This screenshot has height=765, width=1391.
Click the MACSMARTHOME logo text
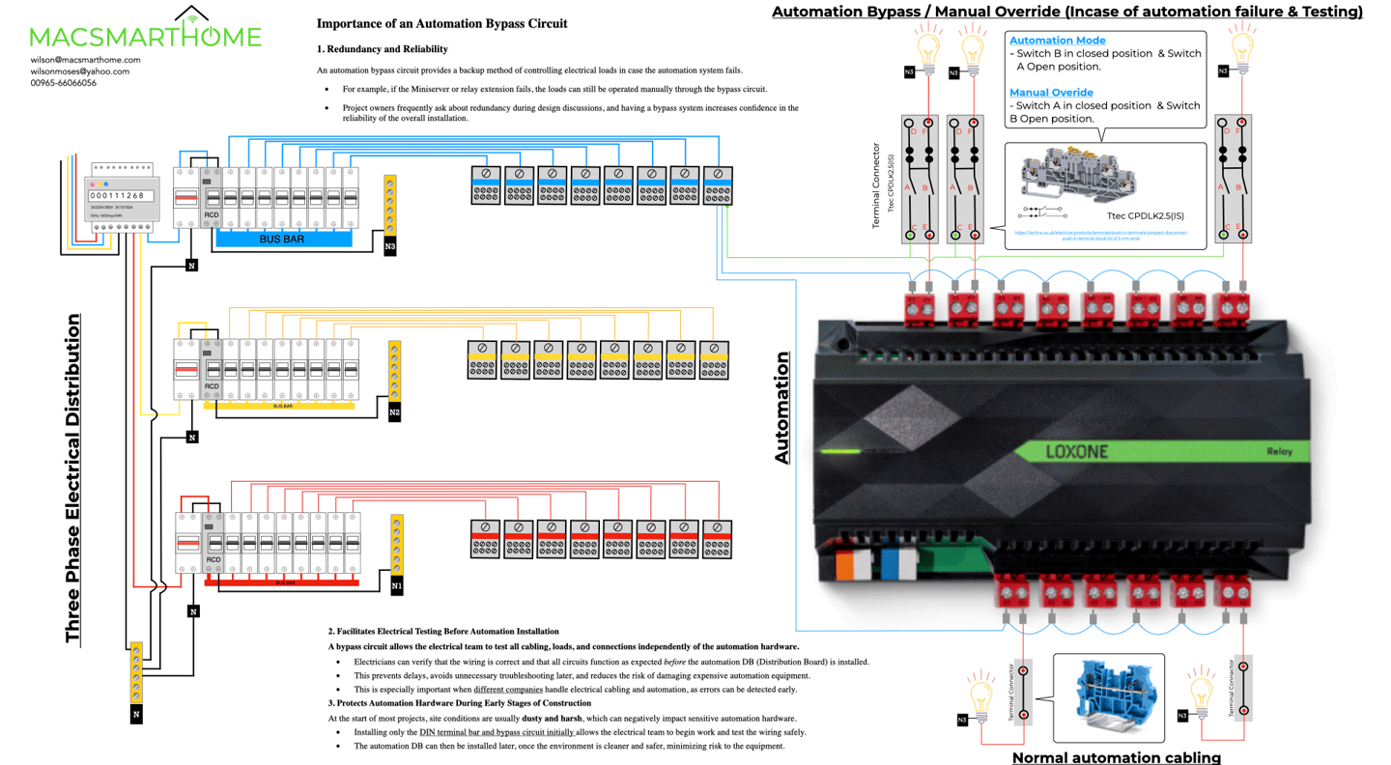[145, 37]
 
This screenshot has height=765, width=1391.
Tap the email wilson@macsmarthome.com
[85, 60]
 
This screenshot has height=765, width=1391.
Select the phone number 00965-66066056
[63, 83]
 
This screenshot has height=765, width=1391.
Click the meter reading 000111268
[117, 196]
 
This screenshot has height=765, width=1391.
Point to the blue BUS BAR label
[281, 239]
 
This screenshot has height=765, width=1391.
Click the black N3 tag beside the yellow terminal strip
[390, 247]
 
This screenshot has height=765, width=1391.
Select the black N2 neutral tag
[394, 413]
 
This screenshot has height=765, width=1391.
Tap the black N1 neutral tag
[397, 585]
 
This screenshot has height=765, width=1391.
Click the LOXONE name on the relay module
[1077, 452]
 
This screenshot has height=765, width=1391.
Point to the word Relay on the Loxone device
[1282, 452]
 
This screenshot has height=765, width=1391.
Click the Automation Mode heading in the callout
[1057, 41]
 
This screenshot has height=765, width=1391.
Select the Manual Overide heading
[1051, 93]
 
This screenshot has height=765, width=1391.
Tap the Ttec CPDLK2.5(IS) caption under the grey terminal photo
[1145, 215]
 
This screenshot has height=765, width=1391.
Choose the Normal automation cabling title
[1116, 757]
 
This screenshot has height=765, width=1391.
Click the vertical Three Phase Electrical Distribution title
[73, 478]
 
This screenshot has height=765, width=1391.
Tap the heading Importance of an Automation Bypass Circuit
[441, 23]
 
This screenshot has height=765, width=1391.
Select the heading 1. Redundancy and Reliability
[382, 49]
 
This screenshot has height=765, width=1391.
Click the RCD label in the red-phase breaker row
[213, 560]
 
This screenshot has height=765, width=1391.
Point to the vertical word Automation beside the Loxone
[782, 409]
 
